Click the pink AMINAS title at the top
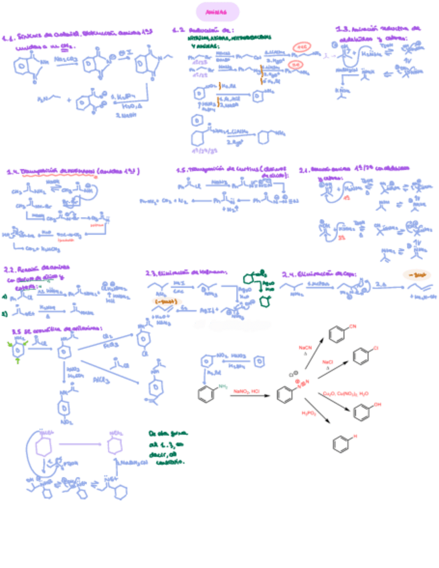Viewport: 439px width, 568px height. pos(217,11)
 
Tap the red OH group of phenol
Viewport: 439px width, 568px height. pos(378,405)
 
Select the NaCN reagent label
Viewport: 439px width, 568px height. pos(304,348)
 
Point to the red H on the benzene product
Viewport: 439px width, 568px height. pos(355,436)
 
